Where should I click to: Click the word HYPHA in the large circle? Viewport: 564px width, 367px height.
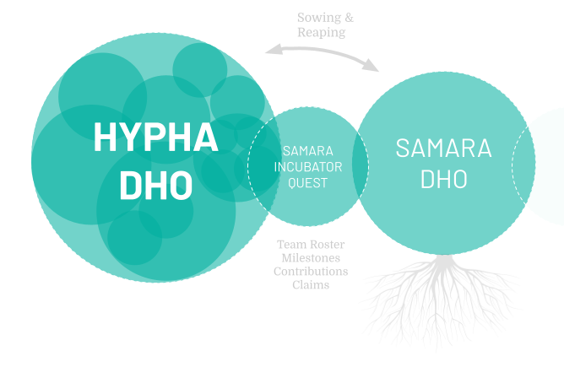(155, 138)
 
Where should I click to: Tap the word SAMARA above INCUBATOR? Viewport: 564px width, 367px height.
(307, 151)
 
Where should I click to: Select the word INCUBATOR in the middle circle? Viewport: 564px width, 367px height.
(307, 167)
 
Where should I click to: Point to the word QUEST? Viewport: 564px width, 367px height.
(307, 182)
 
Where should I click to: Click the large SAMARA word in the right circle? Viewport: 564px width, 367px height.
(443, 148)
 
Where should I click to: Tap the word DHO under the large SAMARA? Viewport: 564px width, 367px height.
(443, 179)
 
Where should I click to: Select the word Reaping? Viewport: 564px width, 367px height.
(322, 32)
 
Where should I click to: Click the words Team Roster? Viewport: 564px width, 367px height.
(311, 245)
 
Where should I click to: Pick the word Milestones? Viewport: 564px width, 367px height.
(311, 258)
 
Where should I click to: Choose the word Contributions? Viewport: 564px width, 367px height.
(311, 272)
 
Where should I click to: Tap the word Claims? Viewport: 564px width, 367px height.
(311, 285)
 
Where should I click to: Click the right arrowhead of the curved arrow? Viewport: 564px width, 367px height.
(373, 67)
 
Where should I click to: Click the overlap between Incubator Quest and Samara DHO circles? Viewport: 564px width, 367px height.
(361, 166)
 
